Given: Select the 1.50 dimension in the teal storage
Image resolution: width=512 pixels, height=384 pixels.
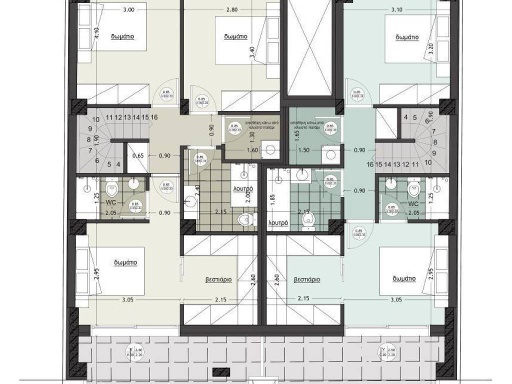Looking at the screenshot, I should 303,149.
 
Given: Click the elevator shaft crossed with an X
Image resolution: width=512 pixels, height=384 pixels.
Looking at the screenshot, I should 307,47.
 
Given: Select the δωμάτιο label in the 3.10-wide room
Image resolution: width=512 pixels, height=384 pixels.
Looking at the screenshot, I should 406,36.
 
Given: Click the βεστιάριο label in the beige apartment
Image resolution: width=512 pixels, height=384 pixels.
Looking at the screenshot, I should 218,280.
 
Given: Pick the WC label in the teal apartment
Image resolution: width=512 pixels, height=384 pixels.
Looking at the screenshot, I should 413,204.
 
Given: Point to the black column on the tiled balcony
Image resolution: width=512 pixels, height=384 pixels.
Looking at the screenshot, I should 218,371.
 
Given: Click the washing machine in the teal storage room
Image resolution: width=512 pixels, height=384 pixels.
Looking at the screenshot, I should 330,154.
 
